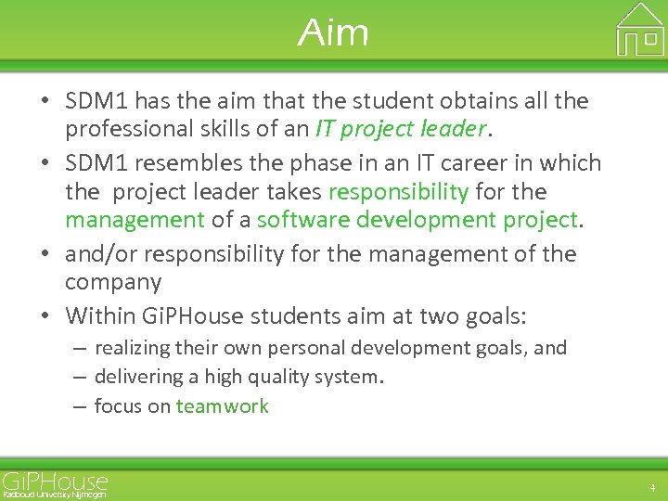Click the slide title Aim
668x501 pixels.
[333, 33]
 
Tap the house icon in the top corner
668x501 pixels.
[640, 30]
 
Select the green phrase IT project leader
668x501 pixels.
[401, 128]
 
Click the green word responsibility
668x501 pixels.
[398, 192]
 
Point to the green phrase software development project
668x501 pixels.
[417, 220]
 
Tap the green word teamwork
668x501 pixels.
[222, 405]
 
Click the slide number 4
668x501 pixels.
[652, 487]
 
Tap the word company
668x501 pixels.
[113, 282]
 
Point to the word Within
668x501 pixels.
[99, 316]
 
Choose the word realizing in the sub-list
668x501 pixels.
[132, 349]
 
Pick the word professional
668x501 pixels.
[126, 128]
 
